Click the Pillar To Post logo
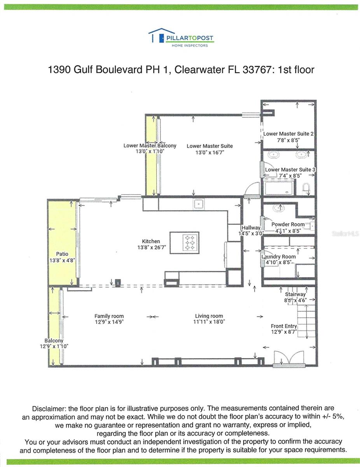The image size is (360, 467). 181,38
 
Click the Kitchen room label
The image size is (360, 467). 151,241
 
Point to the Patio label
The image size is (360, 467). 62,254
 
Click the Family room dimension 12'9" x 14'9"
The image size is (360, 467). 109,322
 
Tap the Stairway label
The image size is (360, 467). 295,294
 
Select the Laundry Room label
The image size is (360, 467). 278,256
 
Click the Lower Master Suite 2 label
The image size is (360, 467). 288,133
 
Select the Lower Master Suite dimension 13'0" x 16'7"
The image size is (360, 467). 210,153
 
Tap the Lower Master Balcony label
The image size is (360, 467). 150,146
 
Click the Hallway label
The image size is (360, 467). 251,228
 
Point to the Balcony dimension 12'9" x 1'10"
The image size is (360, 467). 54,346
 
